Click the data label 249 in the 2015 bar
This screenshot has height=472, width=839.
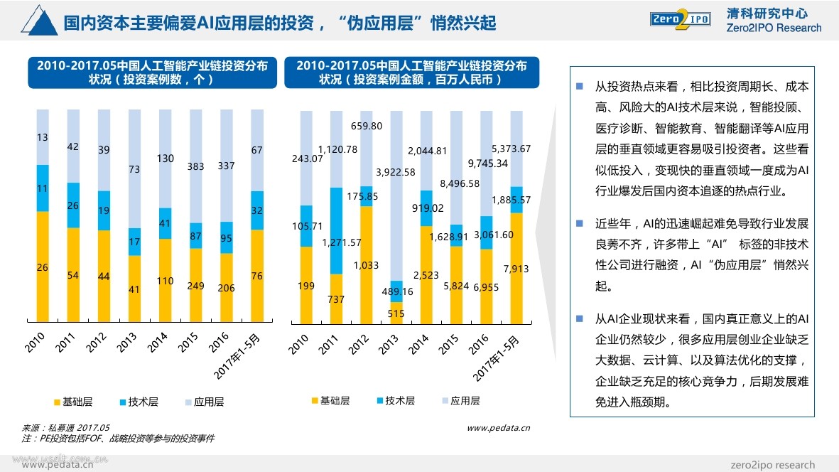[195, 286]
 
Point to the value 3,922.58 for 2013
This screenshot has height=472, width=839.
[396, 172]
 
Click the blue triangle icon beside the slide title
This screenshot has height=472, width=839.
[39, 21]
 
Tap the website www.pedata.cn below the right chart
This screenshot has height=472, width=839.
[498, 428]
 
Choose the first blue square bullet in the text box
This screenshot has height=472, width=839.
[579, 87]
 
